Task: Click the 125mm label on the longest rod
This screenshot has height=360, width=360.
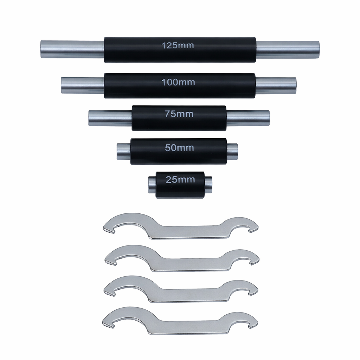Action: pyautogui.click(x=178, y=45)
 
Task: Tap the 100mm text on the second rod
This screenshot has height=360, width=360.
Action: pyautogui.click(x=178, y=82)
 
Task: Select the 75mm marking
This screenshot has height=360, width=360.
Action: pyautogui.click(x=179, y=114)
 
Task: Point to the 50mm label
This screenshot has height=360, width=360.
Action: pyautogui.click(x=179, y=148)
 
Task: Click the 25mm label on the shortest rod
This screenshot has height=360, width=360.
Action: pyautogui.click(x=180, y=179)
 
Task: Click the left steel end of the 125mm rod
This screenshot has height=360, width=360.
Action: pyautogui.click(x=72, y=49)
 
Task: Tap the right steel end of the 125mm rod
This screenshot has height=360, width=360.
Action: pyautogui.click(x=288, y=49)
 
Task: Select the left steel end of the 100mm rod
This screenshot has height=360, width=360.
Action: pyautogui.click(x=83, y=85)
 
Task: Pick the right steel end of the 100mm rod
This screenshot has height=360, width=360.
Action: pyautogui.click(x=276, y=85)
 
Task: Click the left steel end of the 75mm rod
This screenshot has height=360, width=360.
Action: pyautogui.click(x=110, y=118)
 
